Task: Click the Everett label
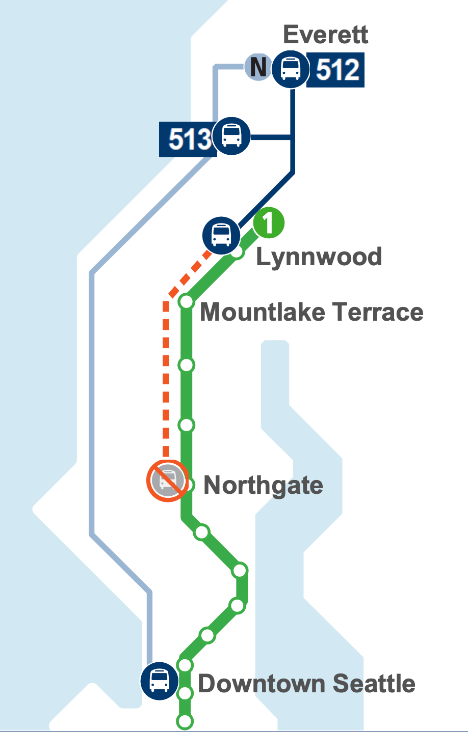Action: coord(325,35)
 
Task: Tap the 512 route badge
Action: coord(336,70)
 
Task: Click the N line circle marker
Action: coord(258,67)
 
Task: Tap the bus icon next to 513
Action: coord(232,136)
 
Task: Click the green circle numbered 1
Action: coord(269,223)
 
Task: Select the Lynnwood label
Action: coord(319,256)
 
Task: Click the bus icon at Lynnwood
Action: coord(221,235)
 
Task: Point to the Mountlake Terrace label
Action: coord(311,312)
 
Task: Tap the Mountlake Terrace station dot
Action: coord(187,302)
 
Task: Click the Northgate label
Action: coord(263,485)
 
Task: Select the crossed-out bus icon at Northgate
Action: coord(167,481)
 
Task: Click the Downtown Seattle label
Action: coord(306,683)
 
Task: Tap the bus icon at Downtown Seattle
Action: coord(160,681)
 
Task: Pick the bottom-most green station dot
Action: coord(185,721)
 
